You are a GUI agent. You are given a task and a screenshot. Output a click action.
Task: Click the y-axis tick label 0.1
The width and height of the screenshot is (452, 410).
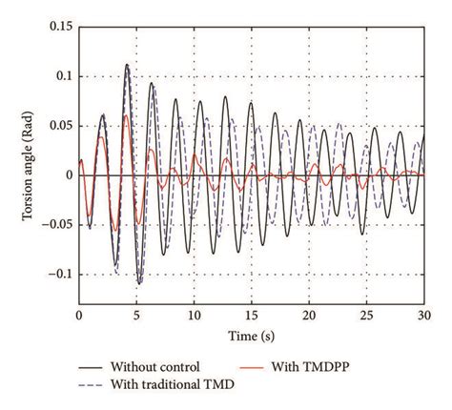pyautogui.click(x=63, y=76)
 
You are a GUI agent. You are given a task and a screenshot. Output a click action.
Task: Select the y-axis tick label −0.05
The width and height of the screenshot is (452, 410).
pyautogui.click(x=56, y=225)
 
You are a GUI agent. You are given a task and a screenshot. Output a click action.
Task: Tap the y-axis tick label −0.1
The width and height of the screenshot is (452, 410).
pyautogui.click(x=59, y=275)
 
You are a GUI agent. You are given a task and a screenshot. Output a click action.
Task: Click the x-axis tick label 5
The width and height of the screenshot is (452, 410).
pyautogui.click(x=136, y=313)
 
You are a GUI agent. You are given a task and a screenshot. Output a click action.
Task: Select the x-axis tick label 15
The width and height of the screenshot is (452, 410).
pyautogui.click(x=252, y=313)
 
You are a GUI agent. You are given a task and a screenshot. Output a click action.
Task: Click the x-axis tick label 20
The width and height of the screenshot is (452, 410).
pyautogui.click(x=309, y=313)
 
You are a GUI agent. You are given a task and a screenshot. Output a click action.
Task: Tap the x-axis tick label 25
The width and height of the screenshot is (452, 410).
pyautogui.click(x=367, y=313)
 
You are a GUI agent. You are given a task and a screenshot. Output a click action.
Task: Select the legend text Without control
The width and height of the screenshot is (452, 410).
pyautogui.click(x=155, y=366)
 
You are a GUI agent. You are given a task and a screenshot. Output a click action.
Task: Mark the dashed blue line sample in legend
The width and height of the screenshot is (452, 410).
pyautogui.click(x=82, y=385)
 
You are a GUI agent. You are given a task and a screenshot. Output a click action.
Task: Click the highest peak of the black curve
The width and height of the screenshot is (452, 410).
pyautogui.click(x=127, y=65)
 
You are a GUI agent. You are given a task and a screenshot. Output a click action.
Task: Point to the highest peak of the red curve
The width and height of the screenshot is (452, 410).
pyautogui.click(x=126, y=115)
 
